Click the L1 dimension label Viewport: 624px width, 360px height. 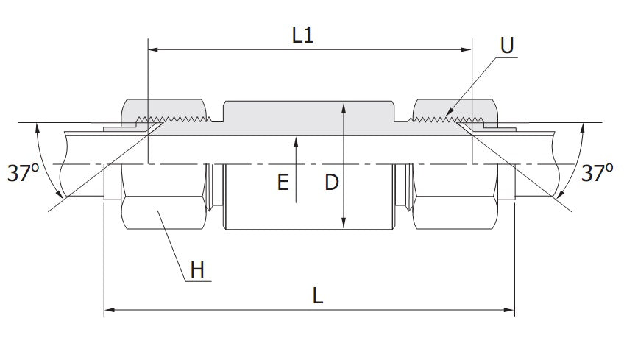(x=302, y=35)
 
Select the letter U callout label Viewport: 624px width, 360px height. (x=506, y=46)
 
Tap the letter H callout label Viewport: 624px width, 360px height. (x=196, y=270)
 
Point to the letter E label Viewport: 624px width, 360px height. (x=283, y=183)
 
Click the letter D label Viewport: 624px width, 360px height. (x=331, y=183)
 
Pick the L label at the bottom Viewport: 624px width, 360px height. (x=317, y=296)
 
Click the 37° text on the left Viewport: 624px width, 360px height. (x=22, y=173)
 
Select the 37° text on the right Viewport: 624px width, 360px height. (x=597, y=173)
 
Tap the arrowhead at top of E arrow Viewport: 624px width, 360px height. (x=295, y=140)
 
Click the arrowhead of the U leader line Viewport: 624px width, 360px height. (x=447, y=114)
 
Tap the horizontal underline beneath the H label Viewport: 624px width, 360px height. (x=196, y=280)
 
